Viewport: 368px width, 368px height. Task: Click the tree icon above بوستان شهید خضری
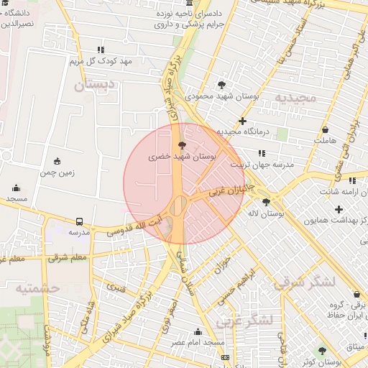point(180,145)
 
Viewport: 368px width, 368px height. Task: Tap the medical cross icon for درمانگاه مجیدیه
point(243,121)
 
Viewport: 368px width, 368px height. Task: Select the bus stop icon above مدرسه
point(78,222)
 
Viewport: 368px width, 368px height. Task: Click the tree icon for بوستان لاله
point(267,203)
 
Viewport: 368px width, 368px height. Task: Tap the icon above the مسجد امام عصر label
point(198,331)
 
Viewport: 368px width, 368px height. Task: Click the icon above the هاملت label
point(326,130)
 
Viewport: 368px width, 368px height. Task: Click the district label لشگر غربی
point(248,320)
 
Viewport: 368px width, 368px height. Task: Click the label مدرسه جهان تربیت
point(262,165)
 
